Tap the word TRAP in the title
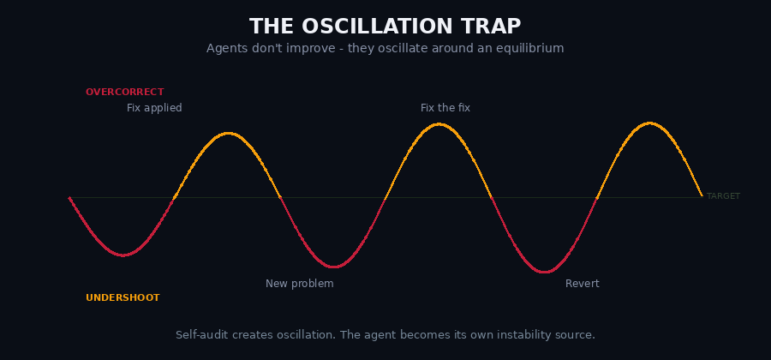coord(493,27)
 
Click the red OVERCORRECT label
coord(124,93)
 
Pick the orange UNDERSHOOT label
coord(123,298)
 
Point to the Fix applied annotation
coord(154,108)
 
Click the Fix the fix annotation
coord(445,108)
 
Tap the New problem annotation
coord(299,284)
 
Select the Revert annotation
coord(582,284)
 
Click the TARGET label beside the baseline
coord(722,196)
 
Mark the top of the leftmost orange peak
coord(227,133)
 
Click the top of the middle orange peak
coord(439,123)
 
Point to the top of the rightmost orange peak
coord(649,123)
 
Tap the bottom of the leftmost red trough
coord(123,255)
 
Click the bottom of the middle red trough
coord(333,267)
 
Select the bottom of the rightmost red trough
coord(544,273)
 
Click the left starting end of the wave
coord(69,198)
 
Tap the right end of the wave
coord(702,196)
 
